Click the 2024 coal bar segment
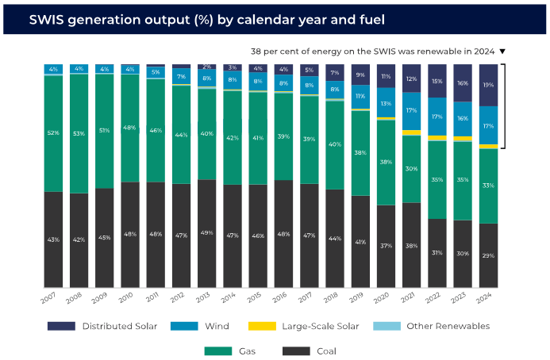(x=488, y=255)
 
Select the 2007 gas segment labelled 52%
(x=53, y=133)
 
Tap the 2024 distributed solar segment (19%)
(x=488, y=85)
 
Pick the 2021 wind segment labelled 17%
(x=411, y=111)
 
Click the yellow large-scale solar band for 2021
(x=411, y=132)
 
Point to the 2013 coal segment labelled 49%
(x=207, y=234)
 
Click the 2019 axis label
(x=356, y=297)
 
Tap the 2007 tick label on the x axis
(x=48, y=298)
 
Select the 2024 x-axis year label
(x=484, y=298)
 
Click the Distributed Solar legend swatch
(x=61, y=326)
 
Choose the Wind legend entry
(x=199, y=326)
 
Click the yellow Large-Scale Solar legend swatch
(x=262, y=326)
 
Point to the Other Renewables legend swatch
(x=387, y=326)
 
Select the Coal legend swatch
(x=296, y=351)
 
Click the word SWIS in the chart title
(x=46, y=20)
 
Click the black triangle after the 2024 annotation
(x=502, y=52)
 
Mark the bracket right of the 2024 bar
(x=505, y=106)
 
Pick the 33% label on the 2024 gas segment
(x=488, y=186)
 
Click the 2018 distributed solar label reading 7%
(x=335, y=73)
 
